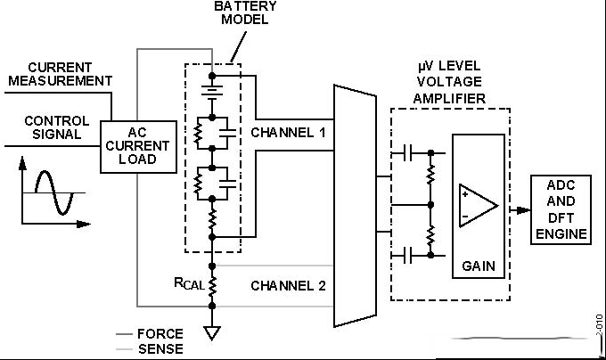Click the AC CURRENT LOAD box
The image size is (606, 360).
(x=138, y=146)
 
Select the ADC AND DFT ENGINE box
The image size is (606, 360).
(x=561, y=209)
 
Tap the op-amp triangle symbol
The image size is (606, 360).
(x=479, y=206)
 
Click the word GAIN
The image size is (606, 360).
(x=479, y=266)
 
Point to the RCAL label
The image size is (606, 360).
(x=189, y=283)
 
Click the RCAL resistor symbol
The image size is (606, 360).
(x=212, y=286)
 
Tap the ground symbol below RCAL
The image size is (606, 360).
(x=212, y=333)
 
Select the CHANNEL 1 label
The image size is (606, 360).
(x=288, y=133)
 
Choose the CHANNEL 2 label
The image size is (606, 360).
(x=288, y=285)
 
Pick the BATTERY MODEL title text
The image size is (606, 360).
(x=245, y=12)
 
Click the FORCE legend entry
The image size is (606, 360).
(x=150, y=334)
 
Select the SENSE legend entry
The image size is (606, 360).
(x=150, y=348)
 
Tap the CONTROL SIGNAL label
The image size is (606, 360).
(x=57, y=127)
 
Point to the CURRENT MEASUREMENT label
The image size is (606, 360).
(x=61, y=74)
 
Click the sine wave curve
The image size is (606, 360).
(x=54, y=192)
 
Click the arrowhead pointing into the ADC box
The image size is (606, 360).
(x=524, y=210)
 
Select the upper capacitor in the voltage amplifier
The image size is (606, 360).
(x=407, y=153)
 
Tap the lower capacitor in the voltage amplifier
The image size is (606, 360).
(x=407, y=256)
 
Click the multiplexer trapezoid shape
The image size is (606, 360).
(x=356, y=206)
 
